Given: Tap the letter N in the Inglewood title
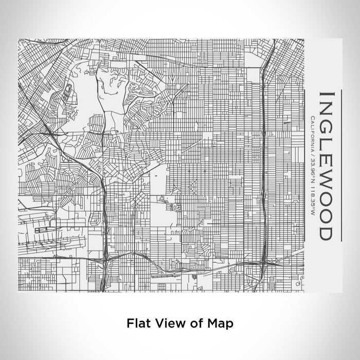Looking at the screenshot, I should [326, 111].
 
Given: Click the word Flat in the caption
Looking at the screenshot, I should [137, 323].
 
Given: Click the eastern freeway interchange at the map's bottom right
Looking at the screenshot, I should [263, 263].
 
